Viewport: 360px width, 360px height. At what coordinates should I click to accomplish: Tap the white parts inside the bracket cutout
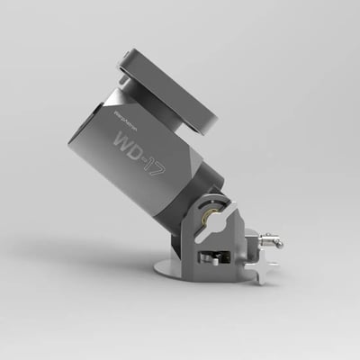[211, 258]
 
